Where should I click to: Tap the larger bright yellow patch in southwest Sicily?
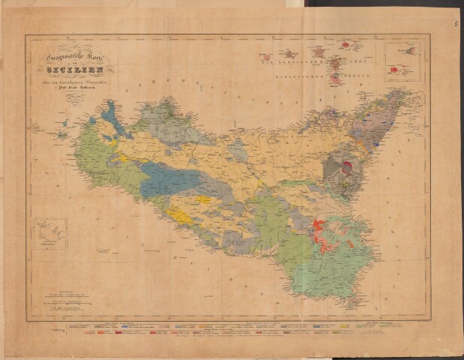[180, 216]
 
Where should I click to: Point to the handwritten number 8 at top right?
[455, 24]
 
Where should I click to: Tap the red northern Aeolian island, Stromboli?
[345, 45]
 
